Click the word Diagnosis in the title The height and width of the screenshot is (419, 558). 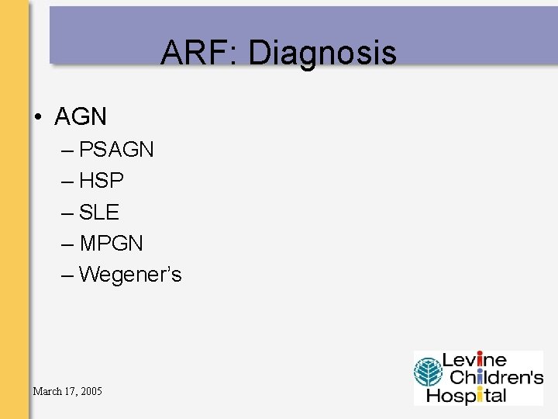coord(322,54)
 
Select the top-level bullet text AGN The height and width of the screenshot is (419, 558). coord(81,117)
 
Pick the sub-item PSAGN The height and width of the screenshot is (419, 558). coord(116,150)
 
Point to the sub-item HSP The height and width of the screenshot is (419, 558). coord(102,181)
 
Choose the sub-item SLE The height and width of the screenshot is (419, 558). coord(99,212)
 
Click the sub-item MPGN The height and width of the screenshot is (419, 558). coord(111,243)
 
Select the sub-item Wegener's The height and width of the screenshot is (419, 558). coord(130,275)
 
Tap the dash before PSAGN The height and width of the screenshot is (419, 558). coord(66,150)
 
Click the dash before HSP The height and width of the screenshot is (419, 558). coord(66,181)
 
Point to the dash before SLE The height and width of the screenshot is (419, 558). coord(66,212)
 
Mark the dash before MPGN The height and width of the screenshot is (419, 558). coord(66,243)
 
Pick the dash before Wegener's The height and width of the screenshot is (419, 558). coord(66,274)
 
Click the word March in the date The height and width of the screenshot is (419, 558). coord(47,390)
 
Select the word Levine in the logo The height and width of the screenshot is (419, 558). coord(474,361)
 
